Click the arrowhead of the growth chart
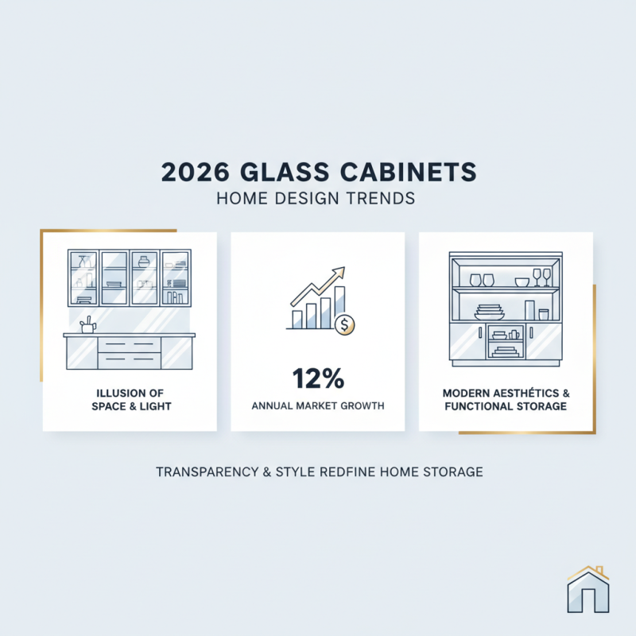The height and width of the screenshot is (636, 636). pos(339,272)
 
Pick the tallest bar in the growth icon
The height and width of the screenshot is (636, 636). pos(339,308)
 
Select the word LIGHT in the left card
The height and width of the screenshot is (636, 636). pos(151,405)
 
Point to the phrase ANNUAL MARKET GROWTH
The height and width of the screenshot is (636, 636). pos(318,405)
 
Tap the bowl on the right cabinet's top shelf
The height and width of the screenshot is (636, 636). pos(522,281)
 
